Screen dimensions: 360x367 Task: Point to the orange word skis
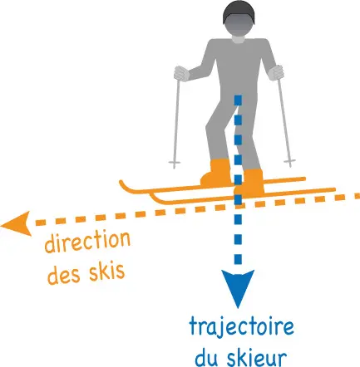[x=106, y=270]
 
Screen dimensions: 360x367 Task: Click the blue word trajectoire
[x=241, y=327]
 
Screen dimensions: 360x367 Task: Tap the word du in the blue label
[x=208, y=357]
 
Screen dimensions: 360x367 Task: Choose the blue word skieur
[x=256, y=357]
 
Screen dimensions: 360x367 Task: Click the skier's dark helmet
[x=239, y=12]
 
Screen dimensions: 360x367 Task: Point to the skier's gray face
[x=239, y=27]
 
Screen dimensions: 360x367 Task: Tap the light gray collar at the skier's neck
[x=239, y=39]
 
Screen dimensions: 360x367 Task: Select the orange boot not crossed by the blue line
[x=216, y=173]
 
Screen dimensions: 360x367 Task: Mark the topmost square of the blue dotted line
[x=239, y=100]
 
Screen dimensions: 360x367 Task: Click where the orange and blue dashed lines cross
[x=239, y=206]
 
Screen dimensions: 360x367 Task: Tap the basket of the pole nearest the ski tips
[x=174, y=163]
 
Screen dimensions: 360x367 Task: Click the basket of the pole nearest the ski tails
[x=290, y=161]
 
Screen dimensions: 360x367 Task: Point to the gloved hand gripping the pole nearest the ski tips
[x=181, y=74]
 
